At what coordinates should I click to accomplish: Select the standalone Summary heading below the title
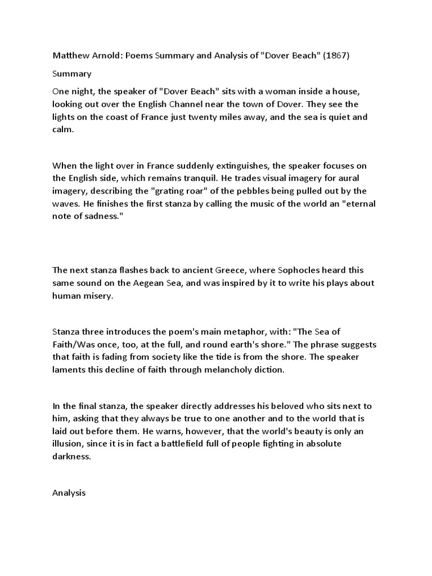coord(71,74)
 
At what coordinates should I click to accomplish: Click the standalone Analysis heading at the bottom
coord(69,493)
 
